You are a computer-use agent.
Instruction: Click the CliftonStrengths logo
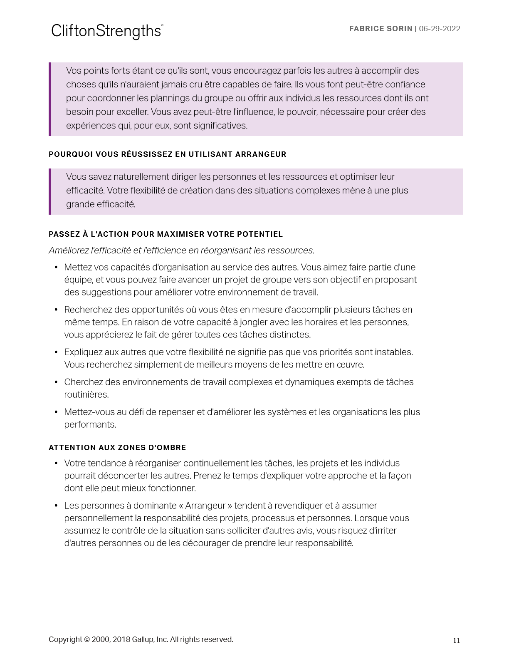click(x=107, y=31)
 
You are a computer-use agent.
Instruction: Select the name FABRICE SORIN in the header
click(x=381, y=29)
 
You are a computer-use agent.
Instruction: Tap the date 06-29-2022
click(x=440, y=29)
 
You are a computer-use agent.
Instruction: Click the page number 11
click(x=456, y=641)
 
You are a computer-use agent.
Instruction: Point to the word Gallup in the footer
click(x=143, y=639)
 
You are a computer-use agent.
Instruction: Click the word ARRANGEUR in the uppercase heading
click(x=261, y=154)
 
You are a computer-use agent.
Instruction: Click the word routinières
click(x=86, y=395)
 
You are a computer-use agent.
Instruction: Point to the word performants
click(x=90, y=425)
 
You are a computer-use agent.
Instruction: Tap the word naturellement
click(x=141, y=177)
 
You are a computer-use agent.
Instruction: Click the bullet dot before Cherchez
click(x=56, y=382)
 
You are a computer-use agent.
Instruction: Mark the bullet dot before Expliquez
click(x=56, y=352)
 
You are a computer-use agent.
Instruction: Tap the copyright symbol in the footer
click(x=86, y=639)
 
